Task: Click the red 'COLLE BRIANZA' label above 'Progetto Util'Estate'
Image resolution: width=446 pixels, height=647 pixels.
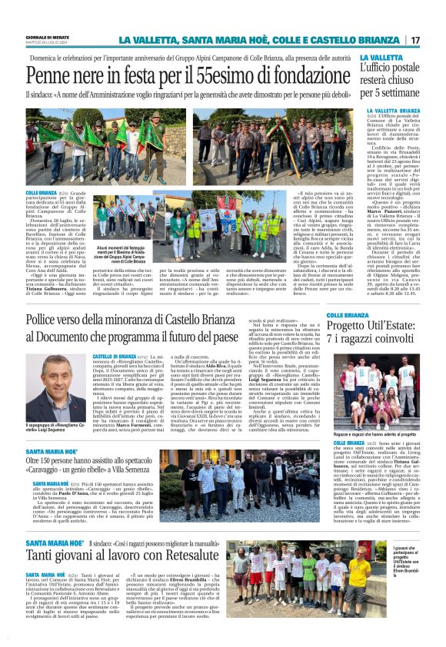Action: (x=353, y=315)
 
